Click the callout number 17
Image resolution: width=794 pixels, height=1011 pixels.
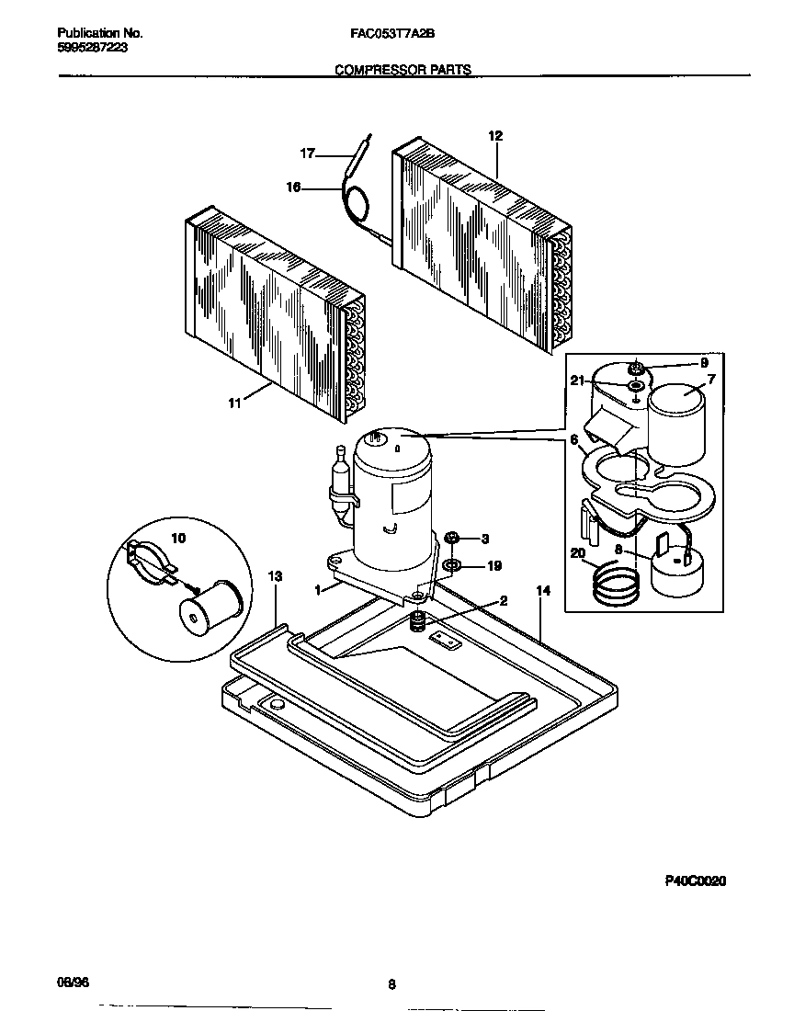point(307,154)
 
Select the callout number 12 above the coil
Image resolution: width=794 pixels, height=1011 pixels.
point(495,136)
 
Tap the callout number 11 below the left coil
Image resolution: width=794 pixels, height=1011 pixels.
point(234,403)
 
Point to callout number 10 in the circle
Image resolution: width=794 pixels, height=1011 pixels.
point(177,538)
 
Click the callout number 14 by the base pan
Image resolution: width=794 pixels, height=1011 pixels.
point(542,590)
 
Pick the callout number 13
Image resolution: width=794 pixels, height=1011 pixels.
point(274,575)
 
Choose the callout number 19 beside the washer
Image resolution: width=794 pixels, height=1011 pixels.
point(493,566)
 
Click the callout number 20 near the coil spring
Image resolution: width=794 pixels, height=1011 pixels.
point(577,553)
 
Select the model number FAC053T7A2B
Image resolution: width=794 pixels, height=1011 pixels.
point(392,32)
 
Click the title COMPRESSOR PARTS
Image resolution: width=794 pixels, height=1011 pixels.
point(403,69)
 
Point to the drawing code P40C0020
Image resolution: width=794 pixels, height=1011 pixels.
point(696,880)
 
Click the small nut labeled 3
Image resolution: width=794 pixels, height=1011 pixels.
point(452,538)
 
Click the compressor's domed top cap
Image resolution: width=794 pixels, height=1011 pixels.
point(391,445)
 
